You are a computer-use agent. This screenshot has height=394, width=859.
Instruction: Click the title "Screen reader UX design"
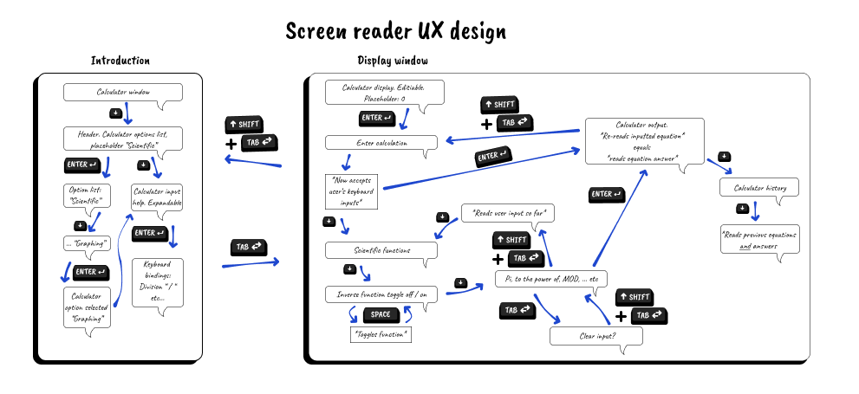[x=396, y=32]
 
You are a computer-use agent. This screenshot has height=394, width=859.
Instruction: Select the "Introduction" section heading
[x=120, y=61]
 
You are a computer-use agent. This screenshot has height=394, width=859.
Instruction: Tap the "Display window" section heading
[x=393, y=60]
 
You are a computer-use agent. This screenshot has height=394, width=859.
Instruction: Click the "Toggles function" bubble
[x=380, y=333]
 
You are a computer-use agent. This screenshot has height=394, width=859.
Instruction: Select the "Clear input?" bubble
[x=596, y=335]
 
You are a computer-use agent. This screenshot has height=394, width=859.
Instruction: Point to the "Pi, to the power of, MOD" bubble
[x=551, y=279]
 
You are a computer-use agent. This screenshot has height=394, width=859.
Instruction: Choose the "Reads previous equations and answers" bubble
[x=758, y=240]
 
